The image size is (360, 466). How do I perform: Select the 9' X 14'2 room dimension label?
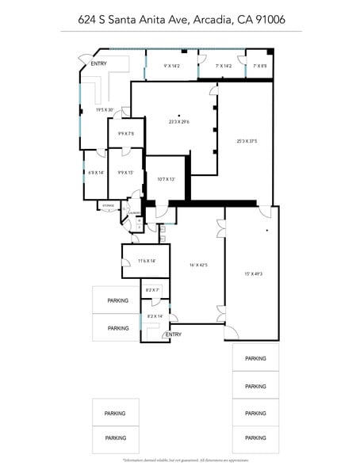click(172, 66)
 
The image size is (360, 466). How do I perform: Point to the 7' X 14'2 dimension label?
click(223, 66)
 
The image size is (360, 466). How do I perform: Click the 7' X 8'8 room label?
click(260, 66)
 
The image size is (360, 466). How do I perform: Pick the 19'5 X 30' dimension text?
click(105, 110)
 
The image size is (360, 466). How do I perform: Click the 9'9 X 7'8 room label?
click(126, 134)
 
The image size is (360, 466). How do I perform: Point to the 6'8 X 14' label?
click(95, 172)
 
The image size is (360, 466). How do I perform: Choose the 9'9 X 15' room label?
click(126, 172)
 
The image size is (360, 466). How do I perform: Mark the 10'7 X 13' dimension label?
click(166, 179)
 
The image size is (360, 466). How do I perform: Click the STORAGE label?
click(109, 206)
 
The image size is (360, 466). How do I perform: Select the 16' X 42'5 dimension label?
click(197, 265)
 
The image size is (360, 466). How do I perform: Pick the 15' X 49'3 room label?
click(254, 273)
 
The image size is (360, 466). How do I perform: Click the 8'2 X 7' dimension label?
click(153, 290)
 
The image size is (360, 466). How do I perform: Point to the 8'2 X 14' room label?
click(154, 316)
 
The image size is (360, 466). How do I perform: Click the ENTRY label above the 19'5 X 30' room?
click(99, 63)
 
